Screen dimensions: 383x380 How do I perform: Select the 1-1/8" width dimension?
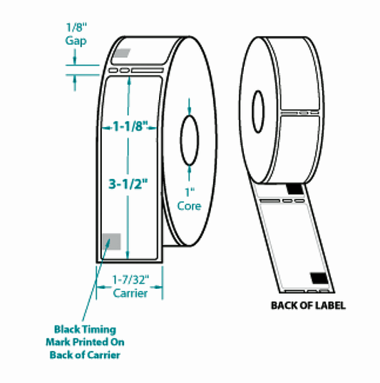click(x=128, y=126)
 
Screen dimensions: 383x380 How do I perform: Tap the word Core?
click(x=189, y=206)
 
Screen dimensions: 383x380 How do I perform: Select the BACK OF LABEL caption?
click(x=308, y=306)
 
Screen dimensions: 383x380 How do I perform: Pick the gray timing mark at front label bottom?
click(x=111, y=242)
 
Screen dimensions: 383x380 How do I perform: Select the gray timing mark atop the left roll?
click(x=122, y=52)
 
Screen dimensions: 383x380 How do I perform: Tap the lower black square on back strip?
click(x=319, y=277)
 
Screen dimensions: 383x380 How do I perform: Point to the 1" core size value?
click(x=189, y=193)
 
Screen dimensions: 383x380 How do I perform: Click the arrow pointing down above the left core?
click(x=189, y=107)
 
